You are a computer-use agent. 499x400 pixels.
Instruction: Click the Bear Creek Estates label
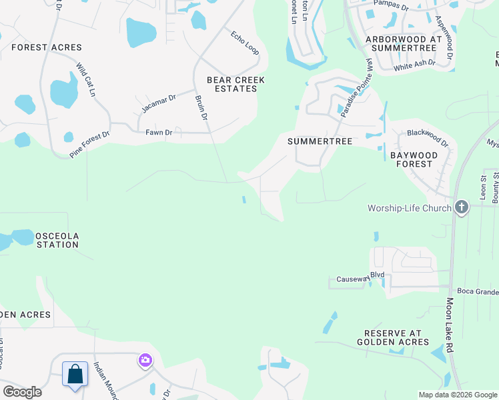[235, 84]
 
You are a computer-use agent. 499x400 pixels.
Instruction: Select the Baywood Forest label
[414, 160]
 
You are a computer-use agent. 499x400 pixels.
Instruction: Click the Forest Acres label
[47, 47]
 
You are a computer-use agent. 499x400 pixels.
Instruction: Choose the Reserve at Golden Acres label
[397, 337]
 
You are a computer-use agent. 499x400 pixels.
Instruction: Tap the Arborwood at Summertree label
[404, 44]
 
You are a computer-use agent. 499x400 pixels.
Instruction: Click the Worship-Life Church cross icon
[461, 208]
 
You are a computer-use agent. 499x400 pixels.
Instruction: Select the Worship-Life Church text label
[410, 208]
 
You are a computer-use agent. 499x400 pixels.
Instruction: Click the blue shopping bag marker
[75, 374]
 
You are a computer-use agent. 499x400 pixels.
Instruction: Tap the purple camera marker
[145, 361]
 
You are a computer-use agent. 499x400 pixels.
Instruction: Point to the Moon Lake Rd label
[450, 325]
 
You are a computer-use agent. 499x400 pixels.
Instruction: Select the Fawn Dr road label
[159, 133]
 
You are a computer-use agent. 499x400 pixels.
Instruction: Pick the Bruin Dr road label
[201, 107]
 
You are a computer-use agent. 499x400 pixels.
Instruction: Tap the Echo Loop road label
[244, 42]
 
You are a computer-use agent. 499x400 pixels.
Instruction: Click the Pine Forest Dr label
[89, 144]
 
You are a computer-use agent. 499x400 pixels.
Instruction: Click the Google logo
[22, 392]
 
